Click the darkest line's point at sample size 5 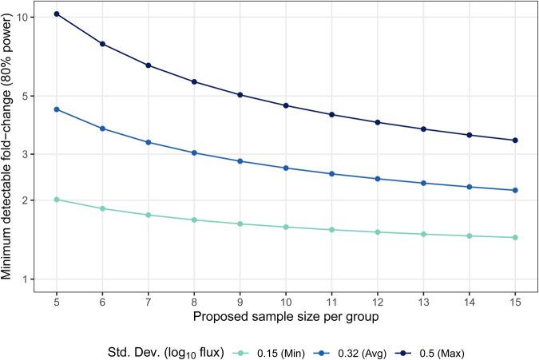coord(57,14)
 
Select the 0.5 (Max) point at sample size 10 coord(286,105)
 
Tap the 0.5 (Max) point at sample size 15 coord(515,140)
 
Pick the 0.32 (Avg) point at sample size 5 coord(57,109)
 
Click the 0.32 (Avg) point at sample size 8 coord(194,152)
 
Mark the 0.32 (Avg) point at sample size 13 coord(423,183)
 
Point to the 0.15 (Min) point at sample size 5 coord(57,199)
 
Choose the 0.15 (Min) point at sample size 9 coord(240,224)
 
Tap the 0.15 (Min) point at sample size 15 coord(515,237)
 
